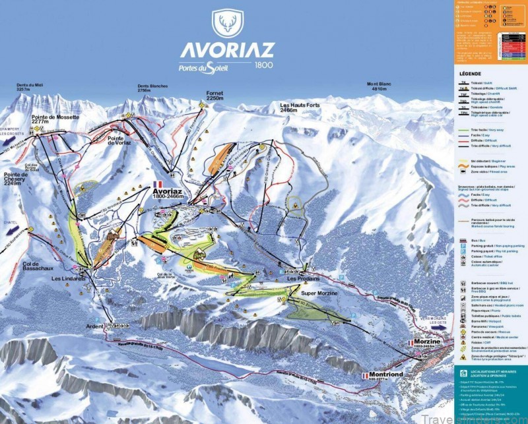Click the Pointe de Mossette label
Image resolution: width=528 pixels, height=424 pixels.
[55, 119]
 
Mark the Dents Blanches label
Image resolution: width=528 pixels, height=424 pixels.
[152, 88]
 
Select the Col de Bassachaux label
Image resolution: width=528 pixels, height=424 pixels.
[20, 261]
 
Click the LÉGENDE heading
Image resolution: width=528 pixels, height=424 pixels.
[471, 74]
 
